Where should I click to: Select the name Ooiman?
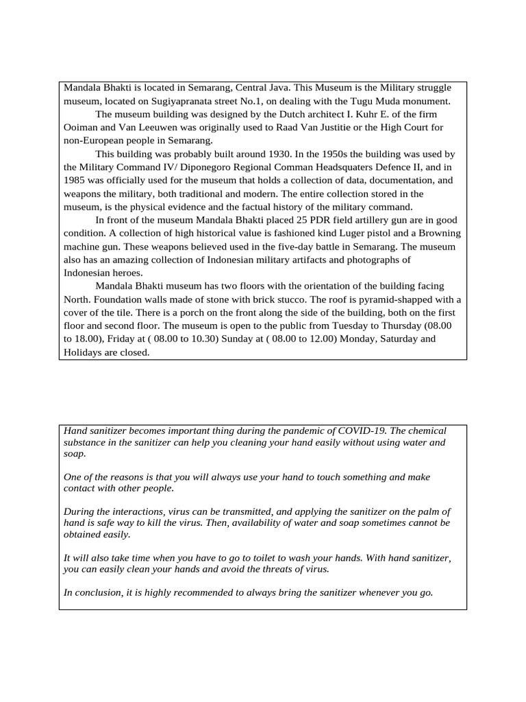(x=82, y=128)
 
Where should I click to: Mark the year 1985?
(x=75, y=180)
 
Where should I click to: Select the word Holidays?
(x=84, y=352)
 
